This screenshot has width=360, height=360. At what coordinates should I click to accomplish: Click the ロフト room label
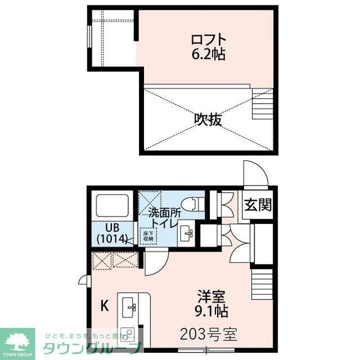(x=209, y=40)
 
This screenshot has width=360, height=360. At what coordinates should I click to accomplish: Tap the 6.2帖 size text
(x=209, y=55)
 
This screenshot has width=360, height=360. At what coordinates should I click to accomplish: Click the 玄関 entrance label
(x=258, y=205)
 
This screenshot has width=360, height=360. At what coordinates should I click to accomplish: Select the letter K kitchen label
(x=104, y=306)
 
